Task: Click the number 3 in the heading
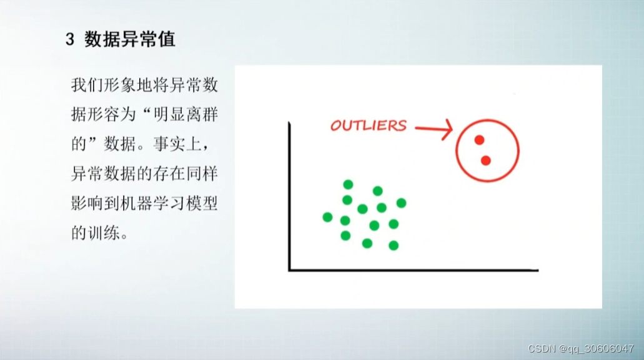click(x=70, y=40)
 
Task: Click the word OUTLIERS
click(x=368, y=126)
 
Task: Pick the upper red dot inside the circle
click(x=479, y=140)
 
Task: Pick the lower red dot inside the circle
click(x=486, y=161)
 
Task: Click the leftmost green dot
click(x=327, y=217)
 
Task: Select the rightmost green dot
click(x=401, y=202)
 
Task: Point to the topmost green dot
click(x=348, y=184)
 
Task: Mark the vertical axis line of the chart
click(x=289, y=196)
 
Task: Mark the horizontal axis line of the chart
click(x=413, y=270)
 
